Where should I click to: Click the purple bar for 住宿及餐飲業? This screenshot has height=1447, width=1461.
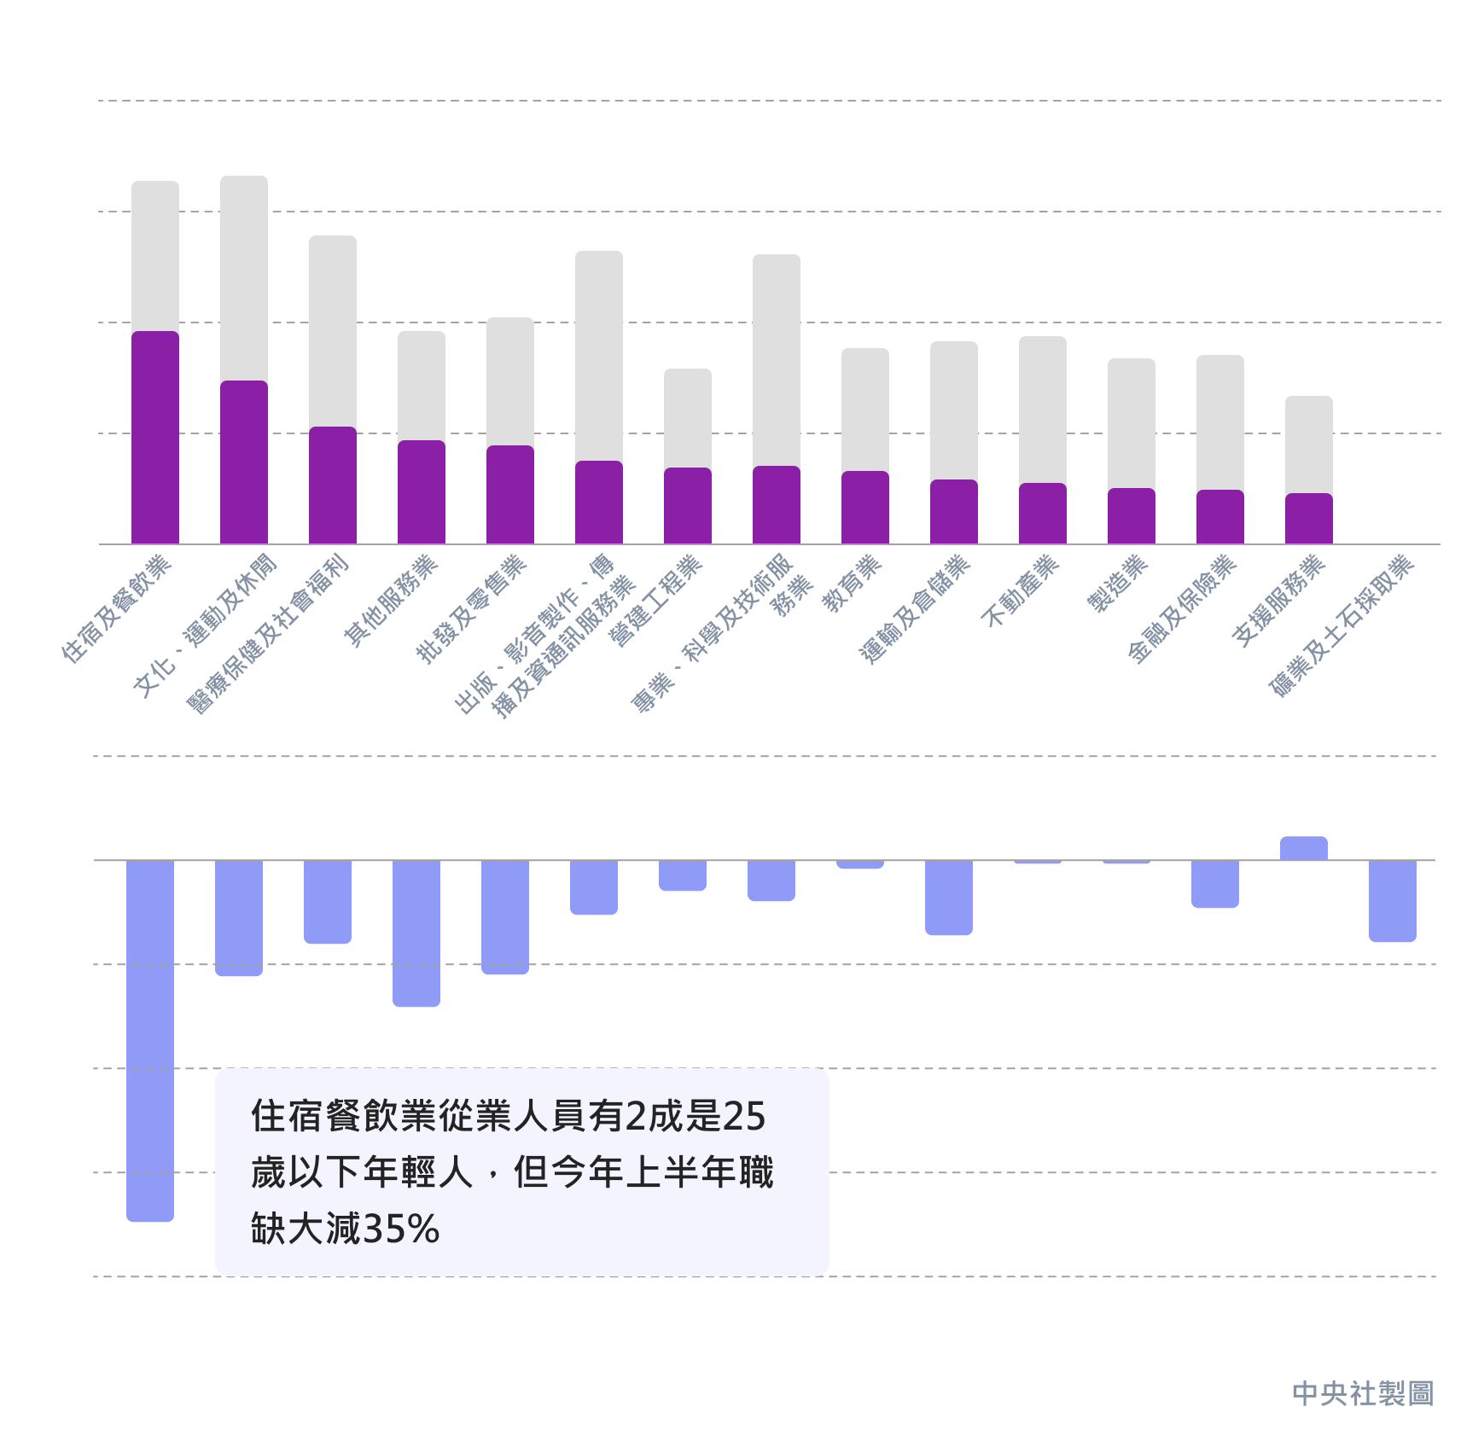155,437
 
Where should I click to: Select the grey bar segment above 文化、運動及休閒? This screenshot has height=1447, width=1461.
244,278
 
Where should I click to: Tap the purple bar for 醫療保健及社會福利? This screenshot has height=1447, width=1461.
333,485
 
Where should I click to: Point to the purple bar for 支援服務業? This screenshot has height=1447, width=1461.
1309,518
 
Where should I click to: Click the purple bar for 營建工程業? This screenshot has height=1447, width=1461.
688,505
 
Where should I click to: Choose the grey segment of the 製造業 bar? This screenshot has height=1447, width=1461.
1132,423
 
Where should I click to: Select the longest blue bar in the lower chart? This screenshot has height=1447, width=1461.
150,1040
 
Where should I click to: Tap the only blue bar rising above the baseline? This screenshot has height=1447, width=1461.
1304,848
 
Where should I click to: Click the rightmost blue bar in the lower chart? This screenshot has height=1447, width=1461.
1393,900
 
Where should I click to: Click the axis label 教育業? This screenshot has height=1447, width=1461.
852,584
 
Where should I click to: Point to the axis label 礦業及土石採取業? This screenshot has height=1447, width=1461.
1342,625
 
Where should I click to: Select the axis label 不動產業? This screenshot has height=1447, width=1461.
1021,590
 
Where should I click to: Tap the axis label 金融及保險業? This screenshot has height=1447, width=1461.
1182,608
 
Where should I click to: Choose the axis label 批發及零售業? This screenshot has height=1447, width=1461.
471,608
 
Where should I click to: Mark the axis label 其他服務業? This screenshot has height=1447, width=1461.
390,601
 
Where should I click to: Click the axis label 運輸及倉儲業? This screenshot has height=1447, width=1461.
915,608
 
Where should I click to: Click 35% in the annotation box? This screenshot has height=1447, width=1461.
401,1229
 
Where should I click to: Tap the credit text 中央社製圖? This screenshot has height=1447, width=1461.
1362,1394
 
